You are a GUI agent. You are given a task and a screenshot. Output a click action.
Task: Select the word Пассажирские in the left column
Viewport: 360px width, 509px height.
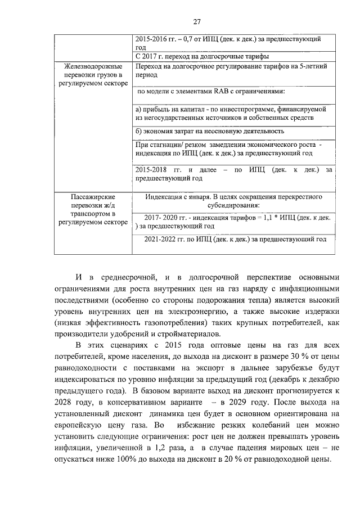[93, 197]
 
